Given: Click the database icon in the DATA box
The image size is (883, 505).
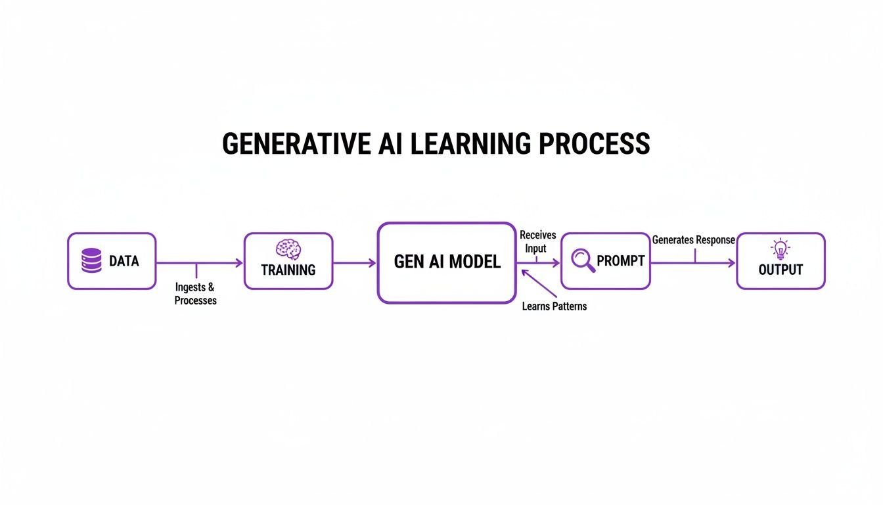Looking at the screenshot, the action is (91, 260).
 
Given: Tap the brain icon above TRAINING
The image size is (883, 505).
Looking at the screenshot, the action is (288, 249).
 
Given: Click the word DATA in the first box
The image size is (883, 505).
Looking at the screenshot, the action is (124, 261).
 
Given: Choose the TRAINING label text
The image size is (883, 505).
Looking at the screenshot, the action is (288, 270).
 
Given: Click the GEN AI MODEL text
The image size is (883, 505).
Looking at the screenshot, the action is (447, 262).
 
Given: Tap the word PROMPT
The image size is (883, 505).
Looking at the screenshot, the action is (620, 261).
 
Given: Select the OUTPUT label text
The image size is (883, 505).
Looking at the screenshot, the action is (781, 270).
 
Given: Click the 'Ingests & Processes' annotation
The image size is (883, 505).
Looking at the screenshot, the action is (196, 294).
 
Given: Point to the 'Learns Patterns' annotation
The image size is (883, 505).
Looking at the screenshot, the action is (555, 306).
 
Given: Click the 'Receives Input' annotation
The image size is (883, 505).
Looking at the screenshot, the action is (537, 242).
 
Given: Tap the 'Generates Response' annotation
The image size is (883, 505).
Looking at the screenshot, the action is (693, 240).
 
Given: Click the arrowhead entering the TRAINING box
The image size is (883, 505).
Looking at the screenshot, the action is (239, 263).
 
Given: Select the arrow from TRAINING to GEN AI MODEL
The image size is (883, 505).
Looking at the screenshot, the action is (355, 263).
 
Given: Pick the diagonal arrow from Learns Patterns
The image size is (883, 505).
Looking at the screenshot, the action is (539, 283).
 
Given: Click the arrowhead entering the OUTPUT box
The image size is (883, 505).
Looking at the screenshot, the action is (731, 263).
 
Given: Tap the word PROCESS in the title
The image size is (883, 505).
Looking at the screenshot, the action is (594, 143).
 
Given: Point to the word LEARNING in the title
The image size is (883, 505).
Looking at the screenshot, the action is (470, 143).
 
